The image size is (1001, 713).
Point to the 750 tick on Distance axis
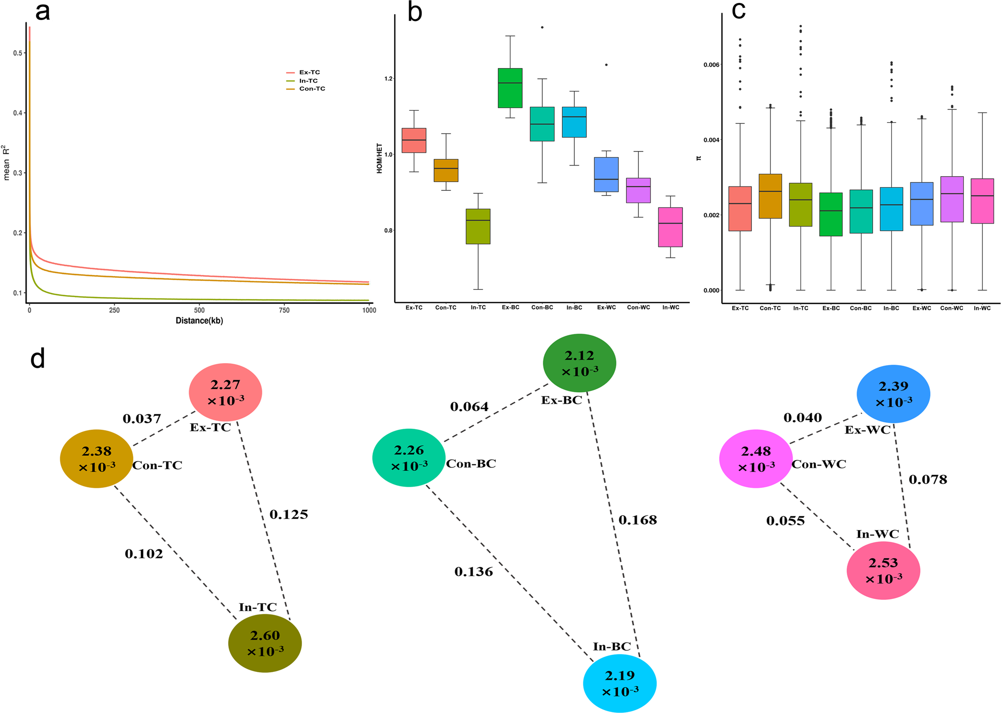coord(284,310)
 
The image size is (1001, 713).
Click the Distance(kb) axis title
coord(199,321)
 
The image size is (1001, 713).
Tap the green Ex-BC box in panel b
coord(510,88)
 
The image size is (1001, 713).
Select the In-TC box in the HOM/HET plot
coord(478,226)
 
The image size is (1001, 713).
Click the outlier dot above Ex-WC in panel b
coord(606,65)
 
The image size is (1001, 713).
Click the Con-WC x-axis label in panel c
coord(952,308)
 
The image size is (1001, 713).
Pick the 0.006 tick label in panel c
coord(711,65)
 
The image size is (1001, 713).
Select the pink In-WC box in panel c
coord(982,201)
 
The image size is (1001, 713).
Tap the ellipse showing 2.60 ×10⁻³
coord(265,643)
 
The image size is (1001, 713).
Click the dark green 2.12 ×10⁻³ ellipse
coord(579,363)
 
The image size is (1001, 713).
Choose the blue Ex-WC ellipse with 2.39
coord(893,393)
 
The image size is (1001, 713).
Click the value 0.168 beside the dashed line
coord(637,520)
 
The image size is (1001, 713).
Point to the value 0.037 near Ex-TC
coord(141,419)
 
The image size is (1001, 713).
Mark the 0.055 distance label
coord(785,521)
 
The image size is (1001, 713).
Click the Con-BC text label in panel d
coord(471,463)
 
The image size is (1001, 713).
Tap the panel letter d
coord(38,359)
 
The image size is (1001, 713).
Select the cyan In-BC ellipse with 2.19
coord(619,683)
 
